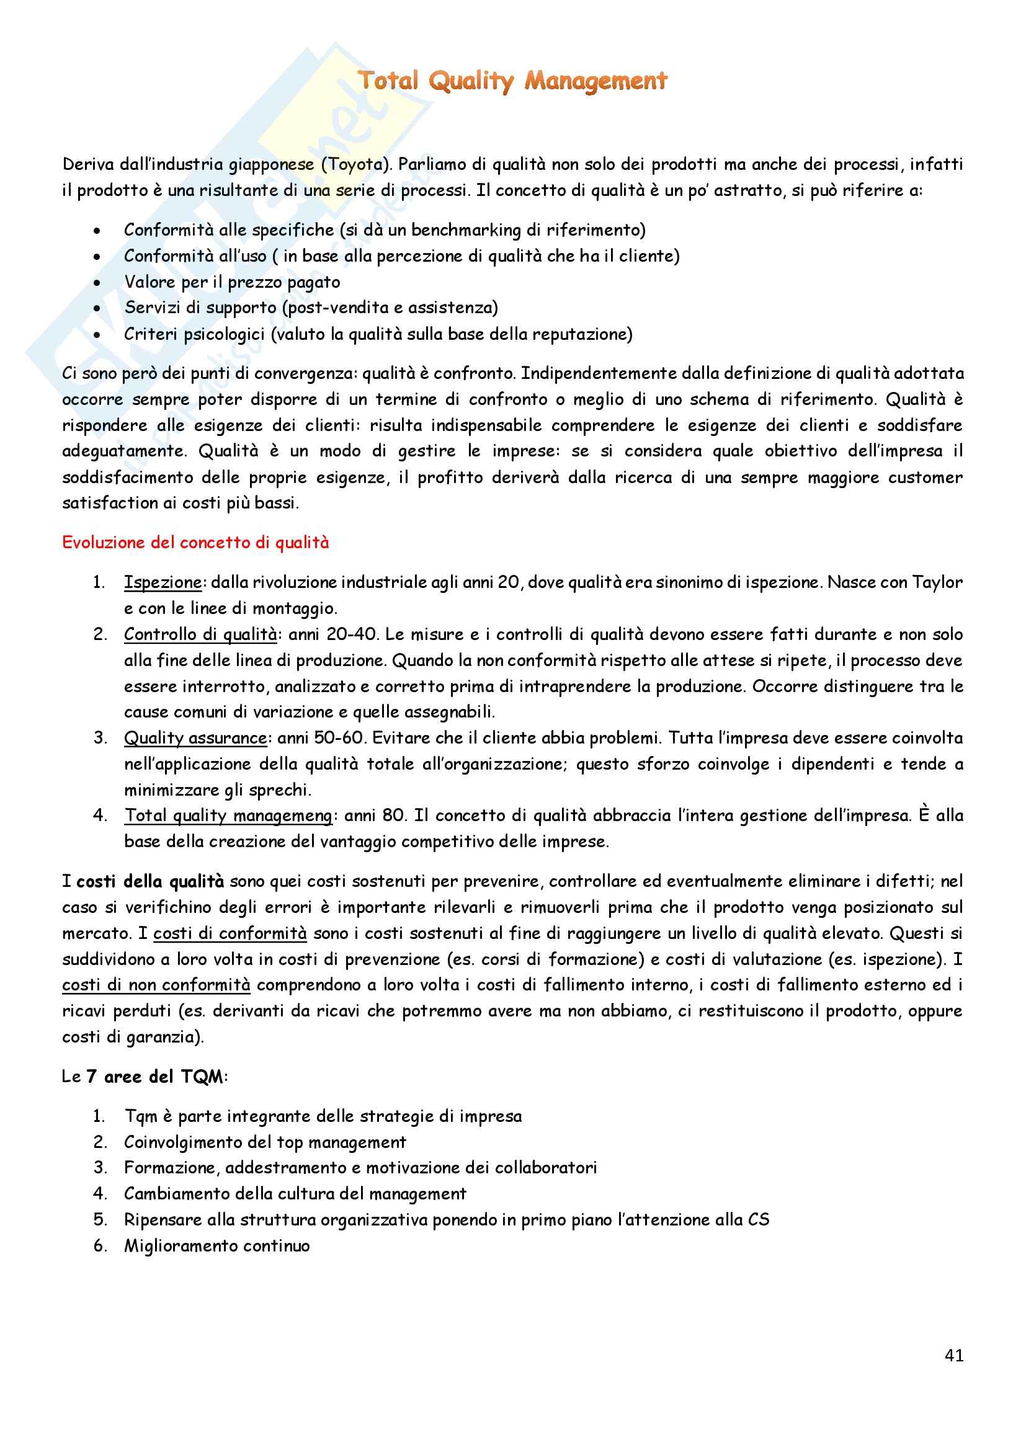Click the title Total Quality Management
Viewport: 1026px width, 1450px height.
pos(512,81)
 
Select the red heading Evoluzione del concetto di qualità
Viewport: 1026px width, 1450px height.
pos(195,543)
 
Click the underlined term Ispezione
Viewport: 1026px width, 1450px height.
pos(163,582)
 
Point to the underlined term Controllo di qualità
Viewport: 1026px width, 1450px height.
pos(200,634)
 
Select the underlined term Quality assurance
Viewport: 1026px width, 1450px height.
pos(195,737)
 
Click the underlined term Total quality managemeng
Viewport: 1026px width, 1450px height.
pos(228,816)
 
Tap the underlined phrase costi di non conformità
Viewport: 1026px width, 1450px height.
pos(156,985)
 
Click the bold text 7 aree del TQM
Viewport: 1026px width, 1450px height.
pos(155,1077)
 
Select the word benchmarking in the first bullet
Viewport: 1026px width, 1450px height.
pos(466,230)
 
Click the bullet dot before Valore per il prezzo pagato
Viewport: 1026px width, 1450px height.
pos(97,283)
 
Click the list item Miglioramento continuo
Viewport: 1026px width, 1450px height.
pos(216,1246)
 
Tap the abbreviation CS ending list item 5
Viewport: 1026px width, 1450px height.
pos(759,1219)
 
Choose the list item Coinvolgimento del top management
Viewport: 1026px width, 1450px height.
pos(265,1142)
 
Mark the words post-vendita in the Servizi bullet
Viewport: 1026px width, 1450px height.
pos(339,308)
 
